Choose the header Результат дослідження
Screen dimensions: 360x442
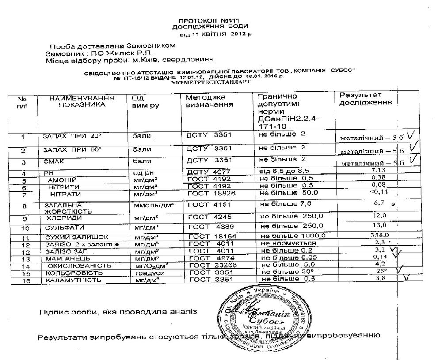pyautogui.click(x=365, y=98)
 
